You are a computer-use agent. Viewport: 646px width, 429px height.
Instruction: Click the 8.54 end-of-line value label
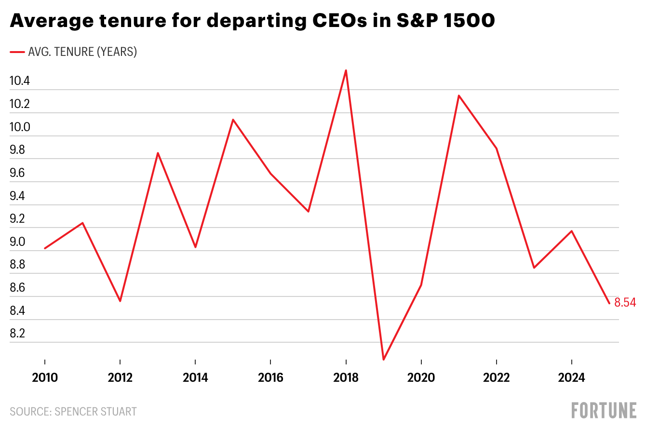tap(625, 303)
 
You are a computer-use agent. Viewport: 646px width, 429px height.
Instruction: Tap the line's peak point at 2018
tap(346, 70)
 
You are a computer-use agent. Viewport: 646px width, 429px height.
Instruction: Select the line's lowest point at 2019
tap(383, 360)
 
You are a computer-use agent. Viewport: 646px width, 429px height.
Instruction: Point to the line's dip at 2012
tap(120, 301)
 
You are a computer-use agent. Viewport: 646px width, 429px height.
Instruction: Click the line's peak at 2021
tap(458, 95)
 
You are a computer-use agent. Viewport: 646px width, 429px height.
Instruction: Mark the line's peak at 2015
tap(233, 120)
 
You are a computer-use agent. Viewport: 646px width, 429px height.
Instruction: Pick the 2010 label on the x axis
tap(45, 378)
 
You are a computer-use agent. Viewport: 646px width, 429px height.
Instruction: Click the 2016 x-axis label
tap(270, 378)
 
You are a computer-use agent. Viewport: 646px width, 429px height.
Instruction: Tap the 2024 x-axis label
tap(572, 378)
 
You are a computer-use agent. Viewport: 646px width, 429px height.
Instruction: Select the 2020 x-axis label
tap(421, 378)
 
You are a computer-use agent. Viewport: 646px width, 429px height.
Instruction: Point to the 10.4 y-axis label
tap(20, 81)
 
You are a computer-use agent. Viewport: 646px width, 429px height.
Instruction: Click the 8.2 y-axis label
tap(17, 334)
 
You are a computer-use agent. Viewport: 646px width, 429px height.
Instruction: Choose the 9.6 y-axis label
tap(17, 173)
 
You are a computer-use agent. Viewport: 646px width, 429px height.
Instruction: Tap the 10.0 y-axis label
tap(20, 127)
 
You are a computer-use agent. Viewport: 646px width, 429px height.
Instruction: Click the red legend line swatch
tap(17, 52)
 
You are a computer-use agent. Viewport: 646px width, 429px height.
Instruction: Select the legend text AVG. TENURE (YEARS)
tap(82, 52)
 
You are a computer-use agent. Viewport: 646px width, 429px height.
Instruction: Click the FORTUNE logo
tap(604, 411)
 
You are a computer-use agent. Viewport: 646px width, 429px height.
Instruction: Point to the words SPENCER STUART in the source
tap(95, 412)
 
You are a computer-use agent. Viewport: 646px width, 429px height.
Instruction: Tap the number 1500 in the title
tap(469, 21)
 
